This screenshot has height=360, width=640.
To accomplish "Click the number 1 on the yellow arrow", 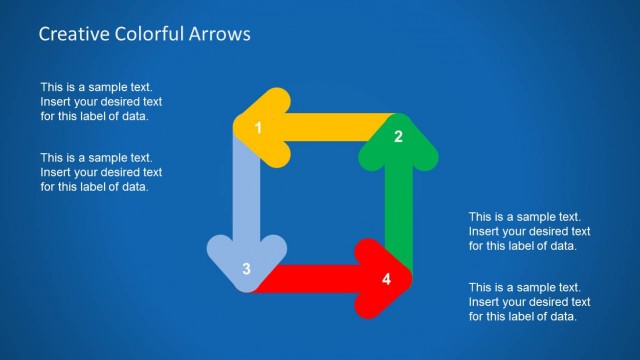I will click(x=258, y=128).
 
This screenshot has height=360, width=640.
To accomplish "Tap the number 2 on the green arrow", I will click(x=398, y=137).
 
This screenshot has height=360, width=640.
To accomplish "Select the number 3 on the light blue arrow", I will click(x=246, y=269).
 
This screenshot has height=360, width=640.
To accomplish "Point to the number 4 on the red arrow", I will click(x=387, y=278).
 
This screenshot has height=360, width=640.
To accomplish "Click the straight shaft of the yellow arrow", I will click(x=330, y=127).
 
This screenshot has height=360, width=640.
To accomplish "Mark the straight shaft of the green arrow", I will click(x=398, y=205).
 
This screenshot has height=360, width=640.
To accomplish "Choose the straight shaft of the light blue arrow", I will click(x=246, y=195).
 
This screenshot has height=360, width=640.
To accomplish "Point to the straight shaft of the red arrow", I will click(x=315, y=278).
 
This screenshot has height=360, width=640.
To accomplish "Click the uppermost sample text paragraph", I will click(x=101, y=102).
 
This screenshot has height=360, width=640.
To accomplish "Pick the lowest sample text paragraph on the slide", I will click(x=529, y=302).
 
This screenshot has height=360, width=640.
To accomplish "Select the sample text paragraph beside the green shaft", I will click(x=529, y=231).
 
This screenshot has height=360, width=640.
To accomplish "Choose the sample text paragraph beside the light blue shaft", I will click(x=101, y=172).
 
